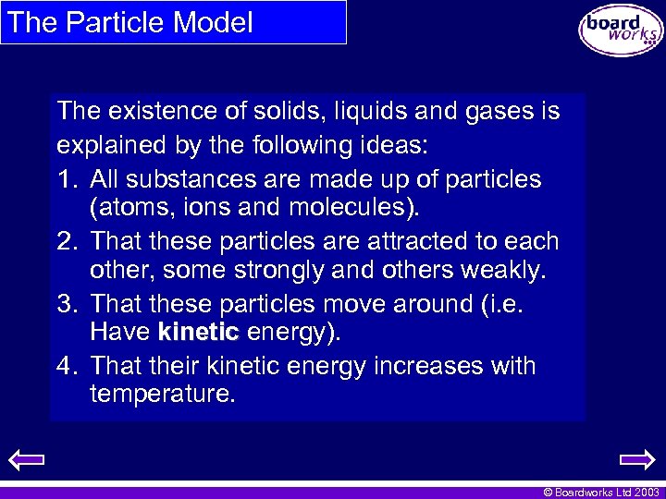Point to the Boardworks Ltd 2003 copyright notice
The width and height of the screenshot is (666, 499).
click(601, 493)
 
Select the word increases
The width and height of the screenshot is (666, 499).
click(430, 366)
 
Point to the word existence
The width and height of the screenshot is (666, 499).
click(154, 112)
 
